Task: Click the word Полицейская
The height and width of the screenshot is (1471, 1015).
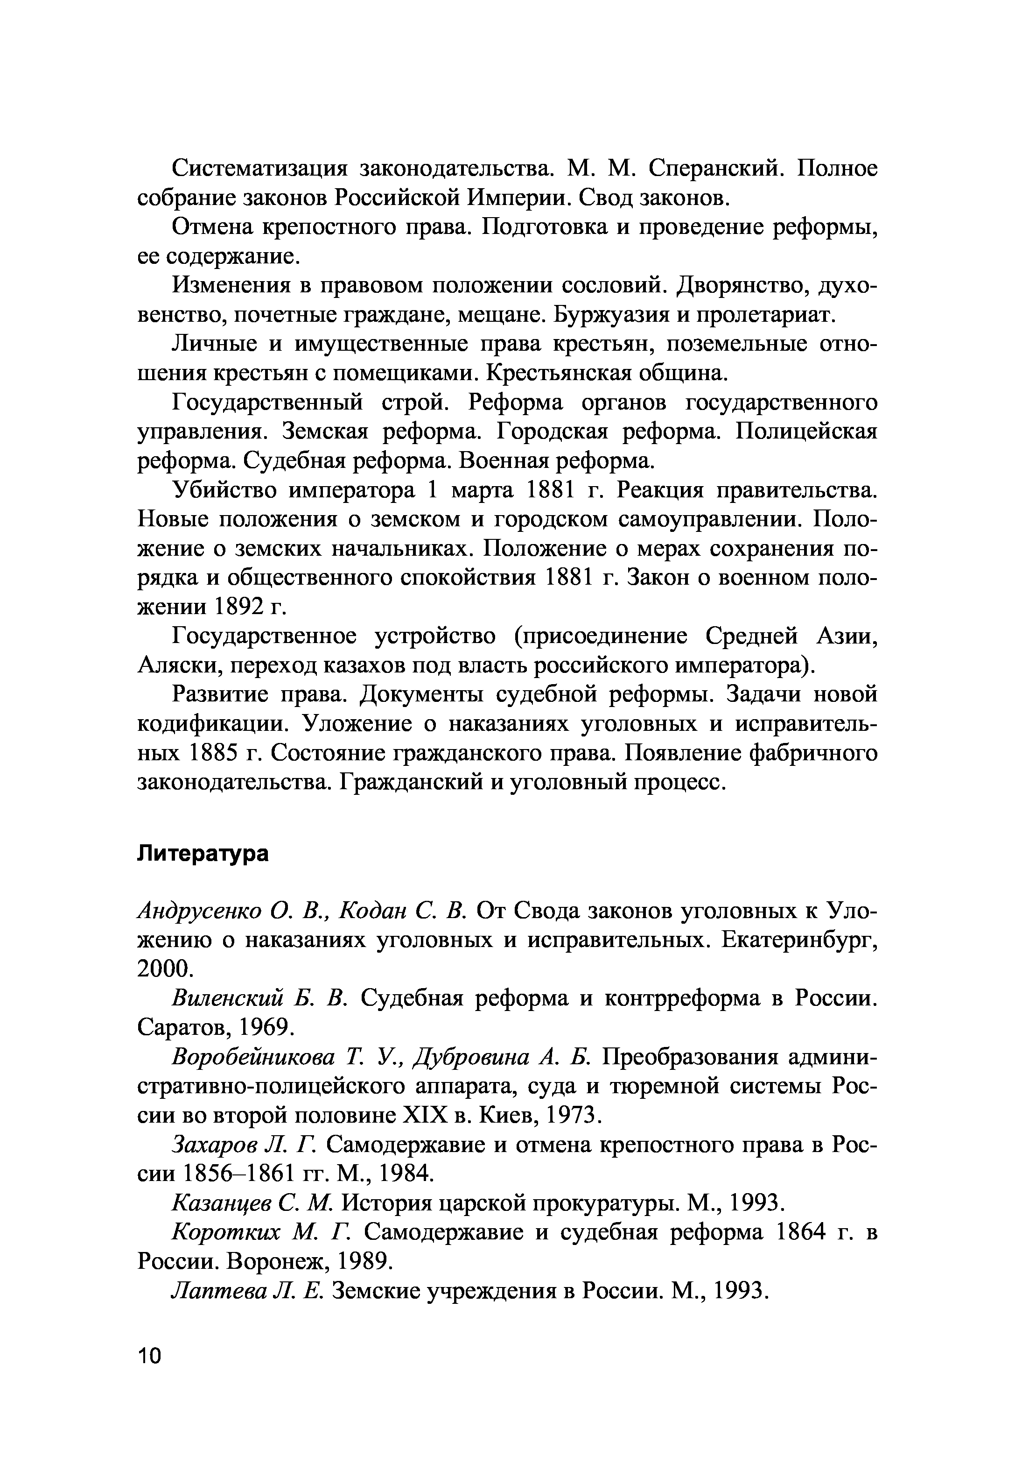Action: (806, 432)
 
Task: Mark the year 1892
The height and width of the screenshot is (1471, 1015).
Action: (239, 608)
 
